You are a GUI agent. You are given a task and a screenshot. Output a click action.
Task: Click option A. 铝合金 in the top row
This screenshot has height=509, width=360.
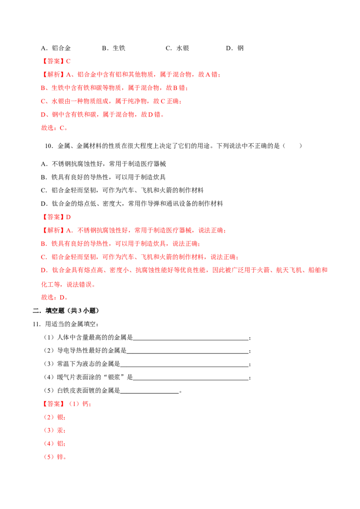56,48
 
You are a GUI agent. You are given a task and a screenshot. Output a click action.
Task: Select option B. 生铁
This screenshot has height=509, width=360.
114,48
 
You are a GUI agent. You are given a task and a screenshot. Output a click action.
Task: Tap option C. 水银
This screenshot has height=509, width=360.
177,48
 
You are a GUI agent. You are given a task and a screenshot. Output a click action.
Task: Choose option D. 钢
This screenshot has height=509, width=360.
235,48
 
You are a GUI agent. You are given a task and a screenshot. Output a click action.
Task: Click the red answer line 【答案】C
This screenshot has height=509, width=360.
56,61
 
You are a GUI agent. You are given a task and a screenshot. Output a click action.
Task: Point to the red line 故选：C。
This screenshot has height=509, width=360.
54,128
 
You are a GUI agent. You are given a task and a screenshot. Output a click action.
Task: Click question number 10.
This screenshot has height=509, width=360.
49,146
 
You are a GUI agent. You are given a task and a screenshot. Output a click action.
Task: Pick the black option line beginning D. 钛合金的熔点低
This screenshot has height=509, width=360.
132,204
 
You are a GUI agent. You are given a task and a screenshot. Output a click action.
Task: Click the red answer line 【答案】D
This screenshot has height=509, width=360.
56,217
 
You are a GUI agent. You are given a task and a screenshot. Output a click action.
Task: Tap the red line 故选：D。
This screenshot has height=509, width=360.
54,297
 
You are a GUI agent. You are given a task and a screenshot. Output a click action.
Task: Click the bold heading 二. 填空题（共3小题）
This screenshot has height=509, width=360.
66,311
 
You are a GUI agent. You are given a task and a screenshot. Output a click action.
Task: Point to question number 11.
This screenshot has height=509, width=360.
36,324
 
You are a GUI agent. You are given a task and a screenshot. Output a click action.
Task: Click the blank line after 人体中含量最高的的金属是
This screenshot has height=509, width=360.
191,339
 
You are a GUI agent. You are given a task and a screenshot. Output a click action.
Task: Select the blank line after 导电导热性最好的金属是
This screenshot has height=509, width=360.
188,353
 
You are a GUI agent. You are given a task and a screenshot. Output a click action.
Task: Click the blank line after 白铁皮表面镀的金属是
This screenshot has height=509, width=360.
149,393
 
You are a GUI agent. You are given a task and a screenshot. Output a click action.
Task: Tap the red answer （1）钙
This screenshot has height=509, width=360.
80,404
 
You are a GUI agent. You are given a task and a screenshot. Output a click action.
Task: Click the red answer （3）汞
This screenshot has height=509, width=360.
54,430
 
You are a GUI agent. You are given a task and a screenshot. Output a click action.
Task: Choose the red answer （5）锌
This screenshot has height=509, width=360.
55,457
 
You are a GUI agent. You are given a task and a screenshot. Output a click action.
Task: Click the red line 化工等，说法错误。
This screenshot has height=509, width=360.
68,285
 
